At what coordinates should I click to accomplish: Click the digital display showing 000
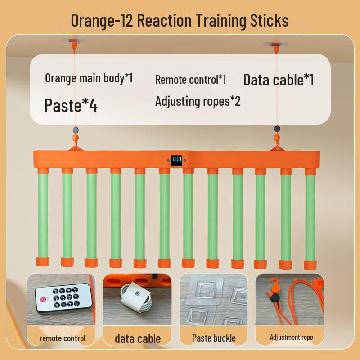click(176, 159)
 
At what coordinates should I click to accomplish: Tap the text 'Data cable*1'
click(279, 80)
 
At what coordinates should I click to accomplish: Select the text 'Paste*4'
click(71, 105)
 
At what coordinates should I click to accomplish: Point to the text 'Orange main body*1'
click(89, 78)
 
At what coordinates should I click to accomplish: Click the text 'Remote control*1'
click(190, 80)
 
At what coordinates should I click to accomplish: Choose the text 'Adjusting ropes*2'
click(198, 101)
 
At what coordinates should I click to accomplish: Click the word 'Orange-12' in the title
click(102, 21)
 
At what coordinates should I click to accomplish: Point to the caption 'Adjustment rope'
click(291, 337)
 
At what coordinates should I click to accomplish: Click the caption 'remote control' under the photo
click(63, 338)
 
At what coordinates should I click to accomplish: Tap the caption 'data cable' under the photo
click(138, 338)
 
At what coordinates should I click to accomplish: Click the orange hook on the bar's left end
click(75, 145)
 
